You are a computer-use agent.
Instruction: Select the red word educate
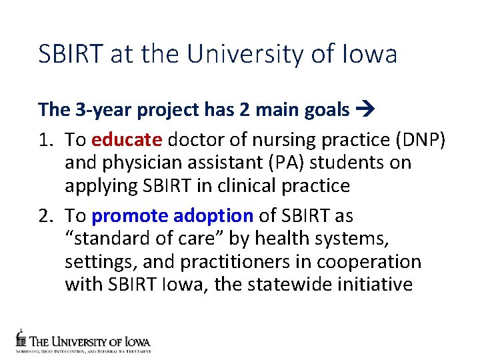(x=127, y=139)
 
